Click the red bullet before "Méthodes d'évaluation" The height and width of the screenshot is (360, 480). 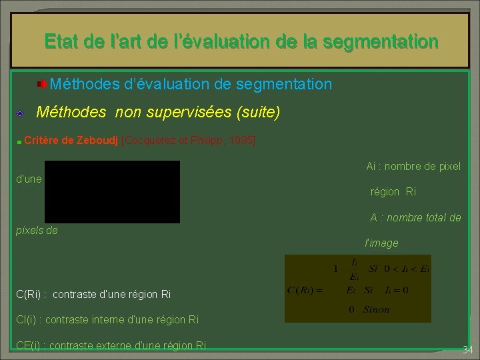[41, 85]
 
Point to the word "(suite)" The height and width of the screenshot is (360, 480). [258, 112]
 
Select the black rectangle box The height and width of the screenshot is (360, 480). [112, 191]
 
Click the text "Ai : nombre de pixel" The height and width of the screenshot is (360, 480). [413, 166]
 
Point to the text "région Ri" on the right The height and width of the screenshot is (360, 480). [393, 191]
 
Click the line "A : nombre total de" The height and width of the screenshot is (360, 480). [415, 217]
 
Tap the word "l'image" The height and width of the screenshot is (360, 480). [381, 243]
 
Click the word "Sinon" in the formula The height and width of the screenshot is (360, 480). [377, 309]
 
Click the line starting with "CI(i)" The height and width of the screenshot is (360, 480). [107, 319]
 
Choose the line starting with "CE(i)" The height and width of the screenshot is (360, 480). [111, 345]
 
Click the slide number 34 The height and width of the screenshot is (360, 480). [467, 350]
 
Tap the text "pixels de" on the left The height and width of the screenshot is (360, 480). [37, 231]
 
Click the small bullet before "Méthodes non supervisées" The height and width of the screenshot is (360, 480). [21, 113]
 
